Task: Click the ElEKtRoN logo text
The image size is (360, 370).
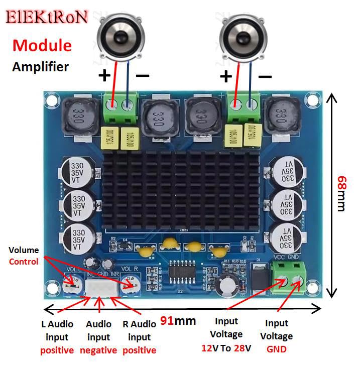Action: [47, 18]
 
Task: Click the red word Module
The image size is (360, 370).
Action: [42, 46]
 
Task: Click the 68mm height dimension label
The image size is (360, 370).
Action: [341, 193]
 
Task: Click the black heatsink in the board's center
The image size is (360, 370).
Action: [181, 194]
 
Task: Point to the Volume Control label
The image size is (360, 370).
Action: [24, 256]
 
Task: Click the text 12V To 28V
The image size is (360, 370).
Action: [226, 347]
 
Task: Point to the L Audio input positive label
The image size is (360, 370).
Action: [57, 337]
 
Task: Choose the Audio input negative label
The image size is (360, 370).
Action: [98, 337]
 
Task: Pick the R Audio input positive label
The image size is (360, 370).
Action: [139, 337]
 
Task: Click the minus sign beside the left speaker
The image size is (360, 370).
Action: [142, 76]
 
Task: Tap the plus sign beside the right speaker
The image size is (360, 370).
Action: [226, 76]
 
